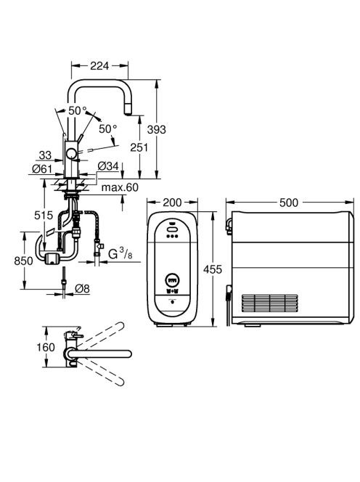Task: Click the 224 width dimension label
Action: [99, 65]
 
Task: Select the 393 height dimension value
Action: [157, 130]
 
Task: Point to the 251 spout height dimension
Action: [139, 147]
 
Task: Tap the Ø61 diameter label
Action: [42, 168]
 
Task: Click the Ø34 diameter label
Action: [108, 166]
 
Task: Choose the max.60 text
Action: [120, 187]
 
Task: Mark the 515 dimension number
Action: [44, 215]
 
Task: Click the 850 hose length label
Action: [23, 261]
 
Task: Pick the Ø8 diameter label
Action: [82, 288]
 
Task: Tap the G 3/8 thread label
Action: [120, 254]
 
